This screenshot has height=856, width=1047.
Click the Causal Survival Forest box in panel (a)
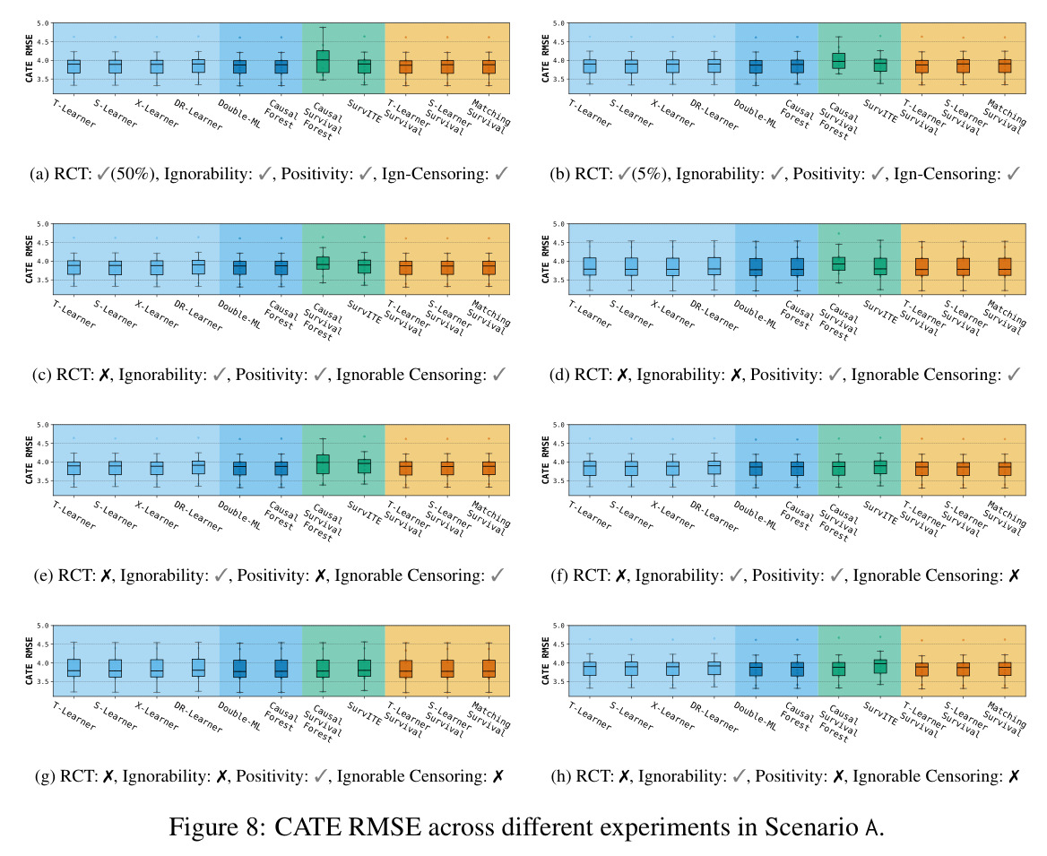323,62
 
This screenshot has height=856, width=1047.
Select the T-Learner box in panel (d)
590,266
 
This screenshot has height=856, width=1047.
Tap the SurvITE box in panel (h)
880,666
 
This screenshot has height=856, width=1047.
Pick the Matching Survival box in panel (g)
489,669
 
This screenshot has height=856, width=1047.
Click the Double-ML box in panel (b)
755,66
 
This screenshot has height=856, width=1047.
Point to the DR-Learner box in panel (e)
198,467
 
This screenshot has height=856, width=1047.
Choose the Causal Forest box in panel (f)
797,468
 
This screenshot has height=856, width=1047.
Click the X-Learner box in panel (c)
157,267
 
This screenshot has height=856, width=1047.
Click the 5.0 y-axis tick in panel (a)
43,23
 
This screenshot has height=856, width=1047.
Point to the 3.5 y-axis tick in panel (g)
43,682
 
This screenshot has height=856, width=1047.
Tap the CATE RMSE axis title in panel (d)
546,259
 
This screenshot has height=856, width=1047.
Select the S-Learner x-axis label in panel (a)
116,114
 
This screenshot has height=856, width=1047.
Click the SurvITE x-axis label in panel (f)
881,512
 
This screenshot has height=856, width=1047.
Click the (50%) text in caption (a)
133,174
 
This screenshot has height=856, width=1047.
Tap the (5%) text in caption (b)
648,174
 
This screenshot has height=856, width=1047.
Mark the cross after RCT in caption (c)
104,376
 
